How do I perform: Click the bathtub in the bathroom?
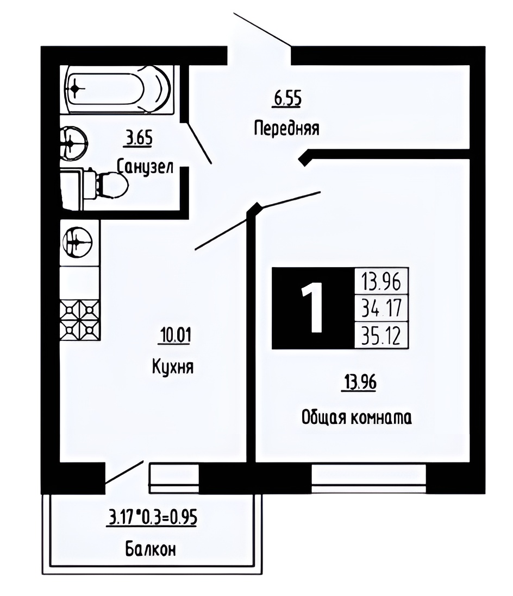(x=117, y=90)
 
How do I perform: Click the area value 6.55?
(x=287, y=99)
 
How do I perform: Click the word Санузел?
(x=145, y=167)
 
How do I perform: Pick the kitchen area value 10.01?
(x=176, y=335)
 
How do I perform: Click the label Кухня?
(x=173, y=367)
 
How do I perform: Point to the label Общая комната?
(x=356, y=418)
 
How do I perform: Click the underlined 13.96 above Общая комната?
(x=360, y=383)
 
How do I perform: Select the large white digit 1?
(x=313, y=307)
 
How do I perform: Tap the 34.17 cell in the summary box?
(x=381, y=308)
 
